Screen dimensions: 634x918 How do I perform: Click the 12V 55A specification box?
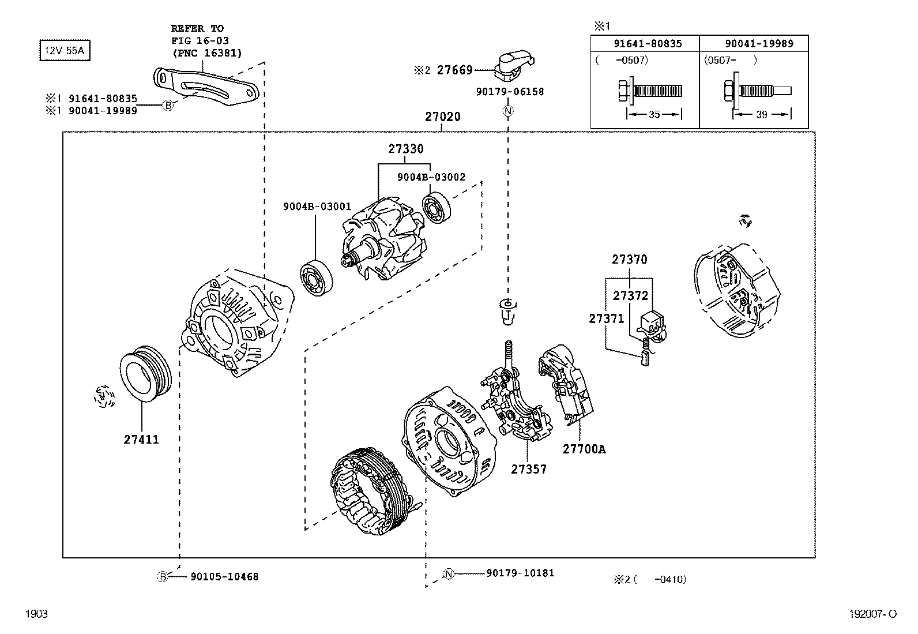click(65, 51)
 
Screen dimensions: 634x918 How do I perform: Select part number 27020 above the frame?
click(443, 117)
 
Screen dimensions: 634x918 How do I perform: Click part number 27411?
click(141, 440)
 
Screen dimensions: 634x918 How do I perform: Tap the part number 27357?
click(528, 470)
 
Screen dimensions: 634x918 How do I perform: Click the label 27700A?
click(584, 449)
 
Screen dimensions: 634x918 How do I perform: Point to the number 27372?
click(630, 296)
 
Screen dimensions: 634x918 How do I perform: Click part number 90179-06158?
click(510, 92)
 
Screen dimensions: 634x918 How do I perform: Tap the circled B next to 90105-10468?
click(163, 576)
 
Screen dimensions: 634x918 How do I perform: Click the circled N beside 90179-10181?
click(449, 573)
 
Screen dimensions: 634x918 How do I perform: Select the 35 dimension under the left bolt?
click(654, 115)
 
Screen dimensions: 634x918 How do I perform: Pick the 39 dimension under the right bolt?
click(761, 115)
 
